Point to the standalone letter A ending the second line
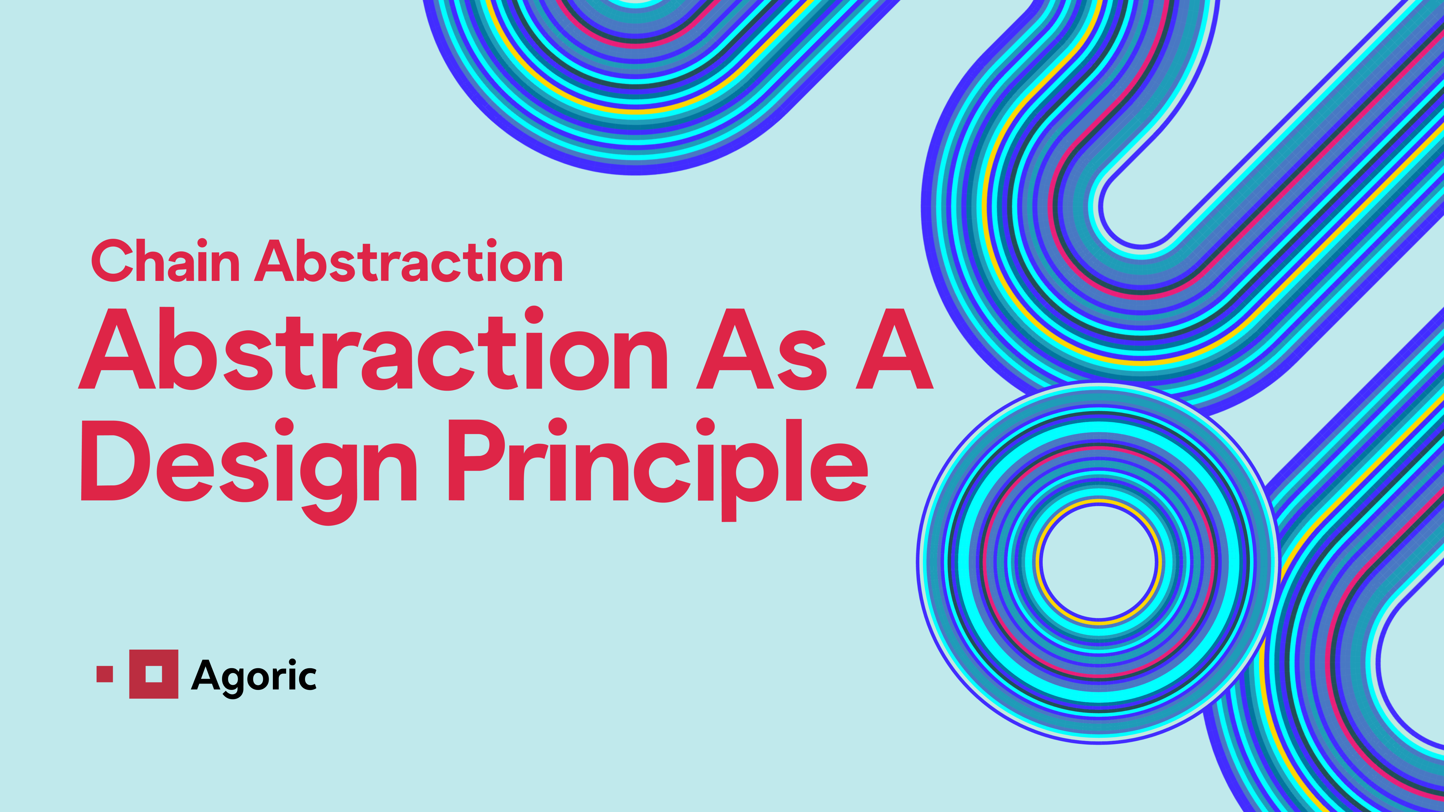pos(895,350)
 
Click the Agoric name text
pos(254,676)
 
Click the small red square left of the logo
pos(105,674)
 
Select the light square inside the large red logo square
pos(154,674)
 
